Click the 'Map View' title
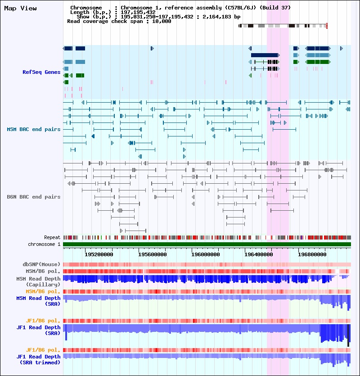20,8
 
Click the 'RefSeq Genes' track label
41,72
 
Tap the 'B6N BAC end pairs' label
33,197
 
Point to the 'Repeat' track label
52,237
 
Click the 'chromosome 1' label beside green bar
44,244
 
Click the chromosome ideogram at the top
283,26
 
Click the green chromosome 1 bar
207,244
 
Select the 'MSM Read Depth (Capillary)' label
38,282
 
